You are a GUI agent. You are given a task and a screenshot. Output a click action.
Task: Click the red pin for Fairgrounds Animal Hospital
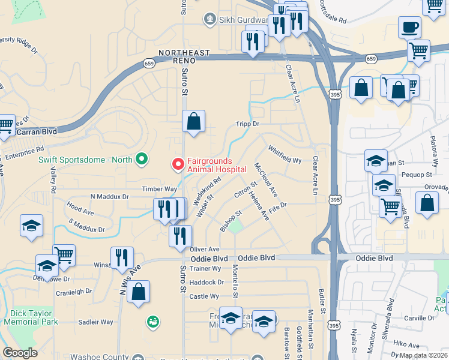(178, 163)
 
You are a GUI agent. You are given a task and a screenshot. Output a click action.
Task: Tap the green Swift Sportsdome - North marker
(142, 159)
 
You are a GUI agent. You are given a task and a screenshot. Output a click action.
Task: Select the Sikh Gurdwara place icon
(209, 20)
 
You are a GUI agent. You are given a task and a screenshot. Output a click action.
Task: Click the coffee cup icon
(409, 28)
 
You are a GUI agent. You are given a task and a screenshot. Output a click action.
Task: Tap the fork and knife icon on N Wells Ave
(122, 258)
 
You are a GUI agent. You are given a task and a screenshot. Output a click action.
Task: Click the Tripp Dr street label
(247, 124)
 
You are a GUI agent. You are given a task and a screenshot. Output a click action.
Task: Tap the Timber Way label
(159, 189)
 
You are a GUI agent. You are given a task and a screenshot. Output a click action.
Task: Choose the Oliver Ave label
(205, 249)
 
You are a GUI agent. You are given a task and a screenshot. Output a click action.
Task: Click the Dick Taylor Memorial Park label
(31, 317)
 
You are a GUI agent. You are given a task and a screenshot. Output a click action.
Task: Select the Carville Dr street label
(418, 318)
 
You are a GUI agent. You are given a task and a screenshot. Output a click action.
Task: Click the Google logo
(20, 353)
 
